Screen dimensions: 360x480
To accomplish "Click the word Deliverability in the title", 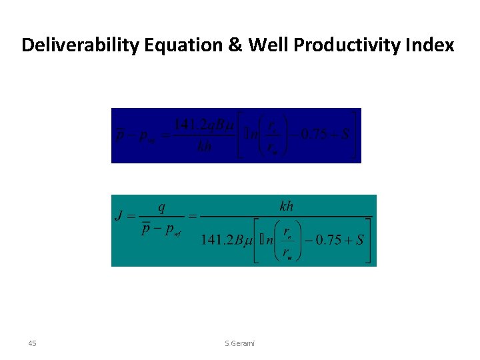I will tap(82, 45).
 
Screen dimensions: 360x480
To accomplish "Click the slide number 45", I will tap(33, 343).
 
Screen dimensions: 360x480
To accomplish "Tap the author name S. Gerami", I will tap(239, 343).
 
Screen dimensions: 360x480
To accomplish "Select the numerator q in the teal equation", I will tap(161, 207).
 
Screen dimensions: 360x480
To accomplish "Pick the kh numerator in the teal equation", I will tap(286, 207).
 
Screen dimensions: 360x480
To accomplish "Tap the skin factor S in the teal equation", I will tap(359, 240).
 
